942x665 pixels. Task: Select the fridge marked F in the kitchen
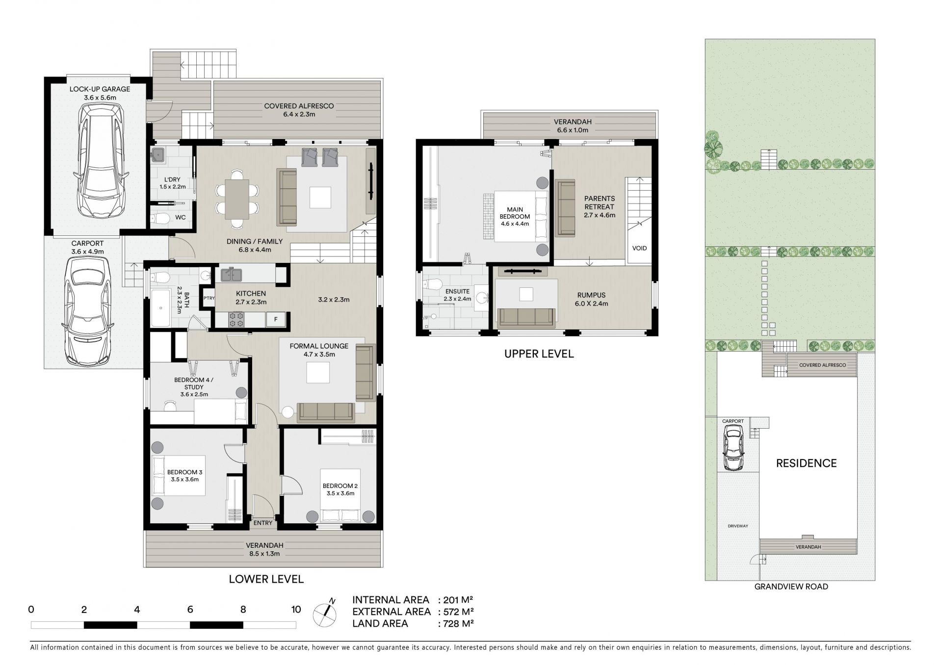276,320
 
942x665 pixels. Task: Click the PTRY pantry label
209,298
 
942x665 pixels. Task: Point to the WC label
181,217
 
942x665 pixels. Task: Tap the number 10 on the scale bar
296,610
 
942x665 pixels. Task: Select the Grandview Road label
791,587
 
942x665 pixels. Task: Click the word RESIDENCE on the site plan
806,463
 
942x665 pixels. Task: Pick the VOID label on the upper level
639,248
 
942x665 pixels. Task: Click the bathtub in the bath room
160,308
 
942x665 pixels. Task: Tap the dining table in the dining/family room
237,199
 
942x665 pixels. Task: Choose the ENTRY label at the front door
263,523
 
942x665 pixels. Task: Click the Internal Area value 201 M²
458,600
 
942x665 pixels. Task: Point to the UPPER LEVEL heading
539,354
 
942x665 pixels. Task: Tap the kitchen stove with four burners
236,319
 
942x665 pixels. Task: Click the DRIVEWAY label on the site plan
738,526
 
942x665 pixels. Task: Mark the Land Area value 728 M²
458,624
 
